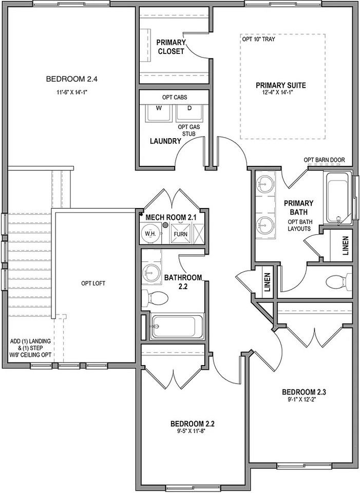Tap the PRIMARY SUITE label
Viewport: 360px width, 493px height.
(x=281, y=85)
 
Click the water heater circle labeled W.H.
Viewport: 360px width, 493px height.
(x=150, y=233)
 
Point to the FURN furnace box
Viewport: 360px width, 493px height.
(x=181, y=234)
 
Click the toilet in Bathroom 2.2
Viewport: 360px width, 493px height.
(x=157, y=296)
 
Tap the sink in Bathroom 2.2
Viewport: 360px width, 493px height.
(x=151, y=272)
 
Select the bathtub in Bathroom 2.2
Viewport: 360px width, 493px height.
(x=173, y=327)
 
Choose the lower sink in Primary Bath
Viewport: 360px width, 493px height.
(x=266, y=224)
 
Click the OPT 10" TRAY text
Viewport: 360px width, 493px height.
(x=258, y=39)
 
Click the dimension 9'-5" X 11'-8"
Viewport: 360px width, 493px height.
(x=192, y=431)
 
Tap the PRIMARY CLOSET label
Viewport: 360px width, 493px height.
(x=170, y=47)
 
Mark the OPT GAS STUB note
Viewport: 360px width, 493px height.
(x=188, y=130)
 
